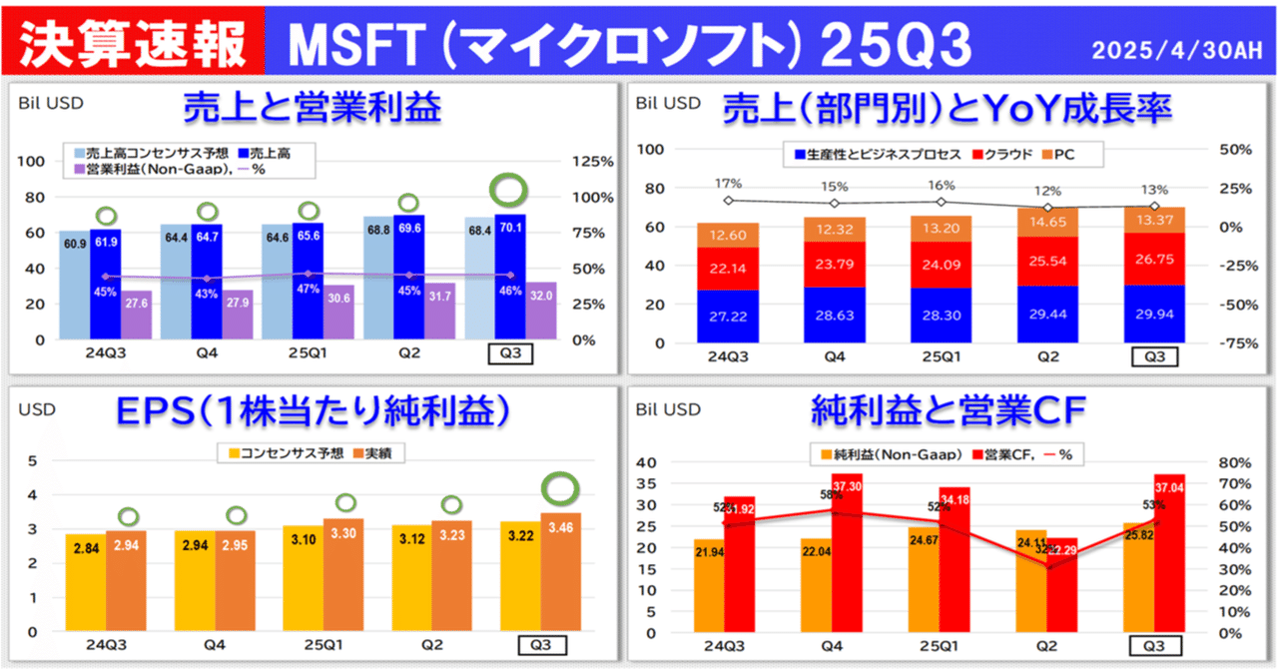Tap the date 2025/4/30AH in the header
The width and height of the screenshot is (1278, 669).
(x=1177, y=49)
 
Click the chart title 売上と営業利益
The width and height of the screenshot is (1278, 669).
(x=313, y=106)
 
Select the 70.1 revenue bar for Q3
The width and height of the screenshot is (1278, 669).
(x=510, y=280)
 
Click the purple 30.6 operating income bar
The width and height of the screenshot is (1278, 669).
(x=338, y=312)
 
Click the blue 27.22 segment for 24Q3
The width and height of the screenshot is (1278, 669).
(x=728, y=317)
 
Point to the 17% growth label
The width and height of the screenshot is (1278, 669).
(x=729, y=184)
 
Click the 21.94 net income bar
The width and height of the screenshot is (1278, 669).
(x=711, y=585)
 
